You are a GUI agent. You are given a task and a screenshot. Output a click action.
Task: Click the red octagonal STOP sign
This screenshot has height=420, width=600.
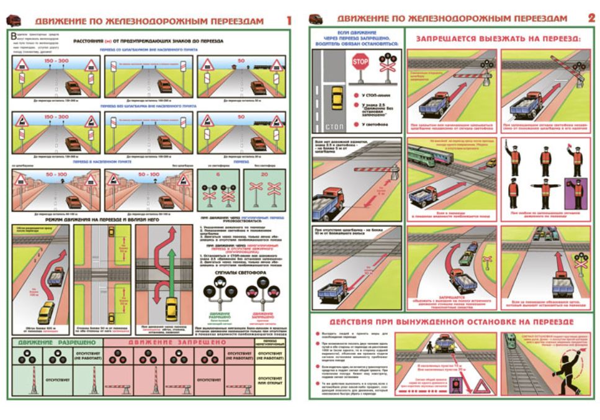(360, 63)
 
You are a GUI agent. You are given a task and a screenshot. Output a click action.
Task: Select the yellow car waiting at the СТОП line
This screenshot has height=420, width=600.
(338, 97)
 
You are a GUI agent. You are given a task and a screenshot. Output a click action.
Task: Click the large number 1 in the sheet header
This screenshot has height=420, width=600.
(289, 20)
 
